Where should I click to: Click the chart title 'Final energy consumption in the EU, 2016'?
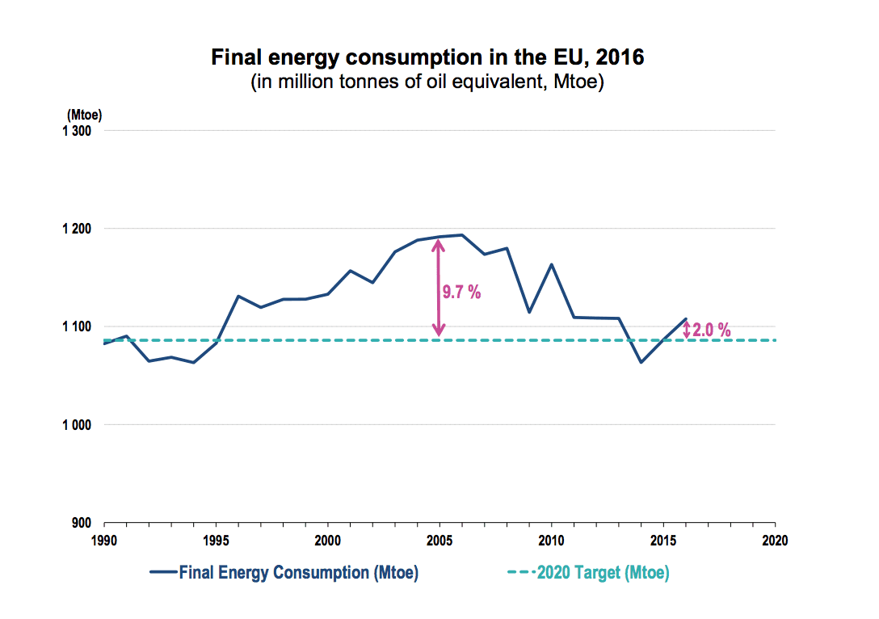[x=427, y=58]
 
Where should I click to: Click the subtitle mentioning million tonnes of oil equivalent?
[x=427, y=82]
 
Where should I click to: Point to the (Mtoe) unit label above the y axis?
[x=84, y=116]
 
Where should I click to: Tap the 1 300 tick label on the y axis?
[x=78, y=131]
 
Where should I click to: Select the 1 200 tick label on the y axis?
[x=78, y=229]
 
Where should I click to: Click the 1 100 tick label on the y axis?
[x=78, y=326]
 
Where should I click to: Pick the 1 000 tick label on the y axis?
[x=78, y=425]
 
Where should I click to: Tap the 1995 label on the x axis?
[x=216, y=539]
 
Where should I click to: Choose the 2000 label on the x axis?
[x=328, y=539]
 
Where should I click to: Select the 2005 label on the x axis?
[x=439, y=539]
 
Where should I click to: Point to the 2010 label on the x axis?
[x=552, y=539]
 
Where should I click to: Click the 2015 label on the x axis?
[x=663, y=539]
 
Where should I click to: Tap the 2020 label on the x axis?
[x=776, y=539]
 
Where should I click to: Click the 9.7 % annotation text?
[x=461, y=293]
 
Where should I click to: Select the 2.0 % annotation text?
[x=712, y=330]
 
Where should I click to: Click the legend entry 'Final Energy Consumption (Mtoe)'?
[x=298, y=573]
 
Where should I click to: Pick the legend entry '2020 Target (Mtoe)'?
[x=603, y=573]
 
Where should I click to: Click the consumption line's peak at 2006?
[x=462, y=235]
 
